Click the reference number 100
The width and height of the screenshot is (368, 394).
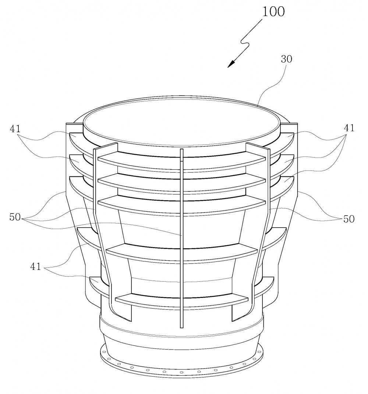tap(273, 12)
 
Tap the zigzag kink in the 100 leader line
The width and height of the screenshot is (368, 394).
tap(245, 43)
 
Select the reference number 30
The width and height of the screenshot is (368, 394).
tap(286, 59)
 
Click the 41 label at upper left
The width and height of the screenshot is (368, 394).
tap(15, 129)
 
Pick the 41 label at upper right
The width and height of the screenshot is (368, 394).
tap(349, 128)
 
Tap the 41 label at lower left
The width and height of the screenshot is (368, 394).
tap(35, 266)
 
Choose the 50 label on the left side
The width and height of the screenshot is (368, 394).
tap(15, 217)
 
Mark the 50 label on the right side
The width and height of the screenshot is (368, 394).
tap(348, 219)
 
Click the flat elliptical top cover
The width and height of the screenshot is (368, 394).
tap(182, 121)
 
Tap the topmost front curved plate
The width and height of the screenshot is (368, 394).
tap(181, 161)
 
